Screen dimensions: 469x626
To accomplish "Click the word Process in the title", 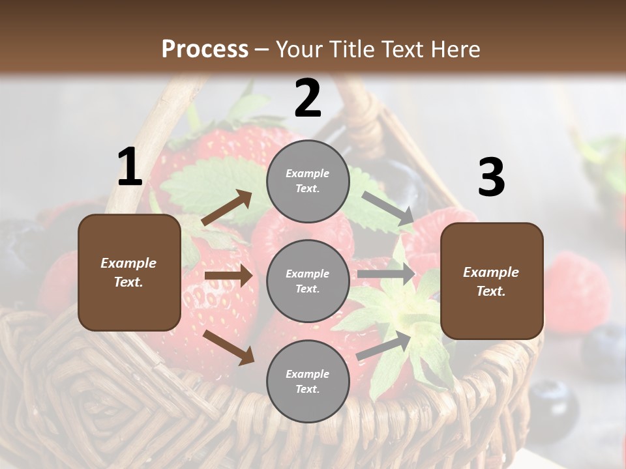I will click(205, 49).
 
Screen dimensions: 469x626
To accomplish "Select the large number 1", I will click(130, 168).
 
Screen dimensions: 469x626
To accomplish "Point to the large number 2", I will click(308, 98).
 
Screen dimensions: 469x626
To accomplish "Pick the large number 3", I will click(491, 178).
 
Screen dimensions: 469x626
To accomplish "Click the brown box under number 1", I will click(129, 272).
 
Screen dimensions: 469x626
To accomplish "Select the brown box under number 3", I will click(492, 281).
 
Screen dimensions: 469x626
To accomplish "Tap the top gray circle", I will click(308, 181).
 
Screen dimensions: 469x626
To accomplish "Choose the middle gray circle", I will click(308, 281).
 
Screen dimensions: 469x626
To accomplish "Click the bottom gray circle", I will click(308, 381).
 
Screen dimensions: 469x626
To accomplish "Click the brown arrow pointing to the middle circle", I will click(228, 276).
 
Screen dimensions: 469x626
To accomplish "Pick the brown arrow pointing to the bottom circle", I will click(228, 347).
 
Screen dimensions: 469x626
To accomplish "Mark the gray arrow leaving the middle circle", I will click(386, 274).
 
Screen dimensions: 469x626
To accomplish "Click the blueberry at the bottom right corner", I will click(554, 401).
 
